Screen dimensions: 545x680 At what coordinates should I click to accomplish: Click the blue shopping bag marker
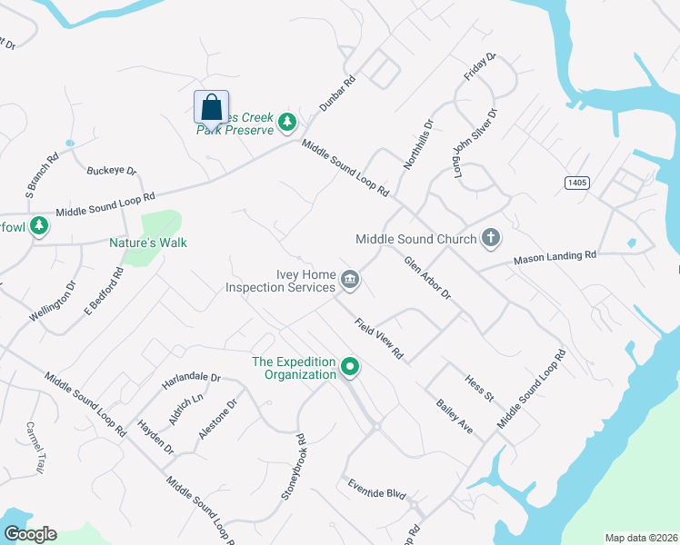coord(211,107)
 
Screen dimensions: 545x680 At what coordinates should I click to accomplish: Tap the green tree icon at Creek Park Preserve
coord(287,121)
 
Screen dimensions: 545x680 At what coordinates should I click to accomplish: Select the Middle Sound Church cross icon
coord(491,239)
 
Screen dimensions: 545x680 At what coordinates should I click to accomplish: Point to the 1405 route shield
coord(576,183)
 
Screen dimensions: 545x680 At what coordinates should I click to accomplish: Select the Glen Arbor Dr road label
coord(428,278)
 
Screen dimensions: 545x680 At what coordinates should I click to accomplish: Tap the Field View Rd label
coord(379,339)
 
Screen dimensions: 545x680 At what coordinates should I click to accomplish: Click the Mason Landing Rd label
coord(555,257)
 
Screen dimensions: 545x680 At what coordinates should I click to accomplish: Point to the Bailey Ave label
coord(455,415)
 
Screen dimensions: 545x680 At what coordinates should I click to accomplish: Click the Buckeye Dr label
coord(111,171)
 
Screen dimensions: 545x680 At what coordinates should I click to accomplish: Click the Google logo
coord(30,534)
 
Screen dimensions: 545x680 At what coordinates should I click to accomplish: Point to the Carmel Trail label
coord(35,447)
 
